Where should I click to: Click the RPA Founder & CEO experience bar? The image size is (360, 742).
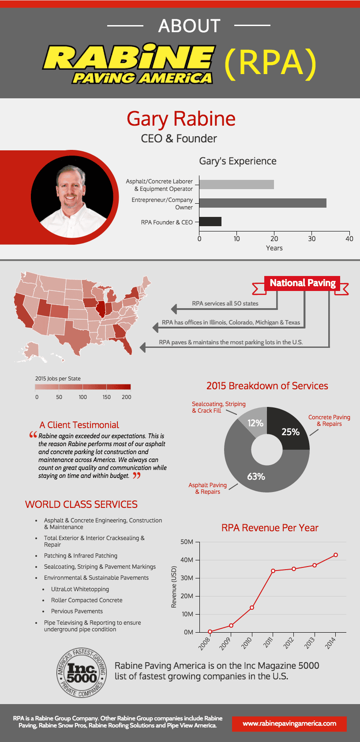click(210, 221)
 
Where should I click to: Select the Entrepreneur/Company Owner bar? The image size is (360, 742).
click(262, 203)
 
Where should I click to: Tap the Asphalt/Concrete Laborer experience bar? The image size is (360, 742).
click(236, 184)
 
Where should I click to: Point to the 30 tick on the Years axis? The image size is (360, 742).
click(312, 239)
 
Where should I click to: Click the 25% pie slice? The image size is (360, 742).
click(288, 428)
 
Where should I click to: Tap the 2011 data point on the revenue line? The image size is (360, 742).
click(273, 571)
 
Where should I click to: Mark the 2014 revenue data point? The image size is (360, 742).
click(336, 555)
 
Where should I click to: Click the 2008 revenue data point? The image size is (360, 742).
click(210, 632)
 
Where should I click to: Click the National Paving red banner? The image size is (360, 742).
click(302, 283)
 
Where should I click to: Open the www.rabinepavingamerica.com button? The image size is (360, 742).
click(289, 723)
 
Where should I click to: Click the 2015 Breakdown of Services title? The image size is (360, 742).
click(267, 386)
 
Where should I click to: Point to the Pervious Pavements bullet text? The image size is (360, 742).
click(77, 611)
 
